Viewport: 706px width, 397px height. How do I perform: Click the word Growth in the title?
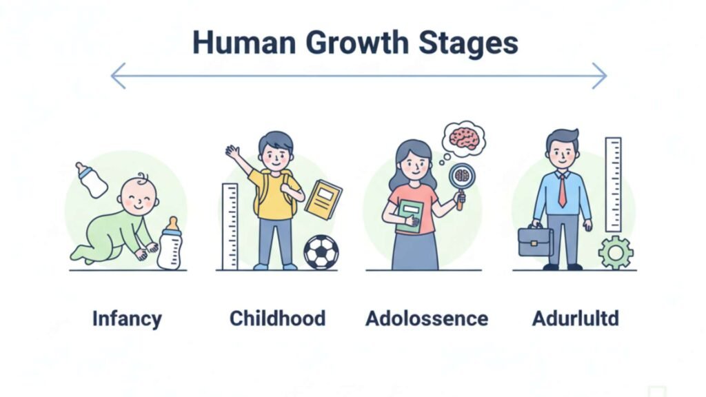pyautogui.click(x=356, y=43)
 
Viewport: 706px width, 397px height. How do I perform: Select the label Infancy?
pyautogui.click(x=127, y=319)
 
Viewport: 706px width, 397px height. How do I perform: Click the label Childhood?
pyautogui.click(x=277, y=318)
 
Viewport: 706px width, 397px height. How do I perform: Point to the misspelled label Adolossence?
pyautogui.click(x=427, y=318)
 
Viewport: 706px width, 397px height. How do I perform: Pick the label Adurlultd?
pyautogui.click(x=576, y=318)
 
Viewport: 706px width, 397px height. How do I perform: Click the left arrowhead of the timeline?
pyautogui.click(x=117, y=76)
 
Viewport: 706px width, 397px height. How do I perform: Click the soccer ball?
pyautogui.click(x=321, y=252)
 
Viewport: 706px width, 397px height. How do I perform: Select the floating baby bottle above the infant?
pyautogui.click(x=92, y=180)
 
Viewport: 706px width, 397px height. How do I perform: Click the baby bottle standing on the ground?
pyautogui.click(x=170, y=243)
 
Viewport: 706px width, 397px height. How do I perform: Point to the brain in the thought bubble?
pyautogui.click(x=464, y=137)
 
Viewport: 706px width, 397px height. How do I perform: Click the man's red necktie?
pyautogui.click(x=563, y=190)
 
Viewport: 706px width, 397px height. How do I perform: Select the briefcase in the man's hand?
pyautogui.click(x=535, y=241)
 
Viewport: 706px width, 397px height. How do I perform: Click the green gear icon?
pyautogui.click(x=616, y=252)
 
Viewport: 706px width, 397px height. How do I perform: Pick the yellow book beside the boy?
pyautogui.click(x=323, y=200)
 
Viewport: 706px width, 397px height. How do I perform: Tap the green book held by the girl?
pyautogui.click(x=410, y=216)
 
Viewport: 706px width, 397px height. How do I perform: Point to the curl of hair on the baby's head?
pyautogui.click(x=143, y=177)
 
